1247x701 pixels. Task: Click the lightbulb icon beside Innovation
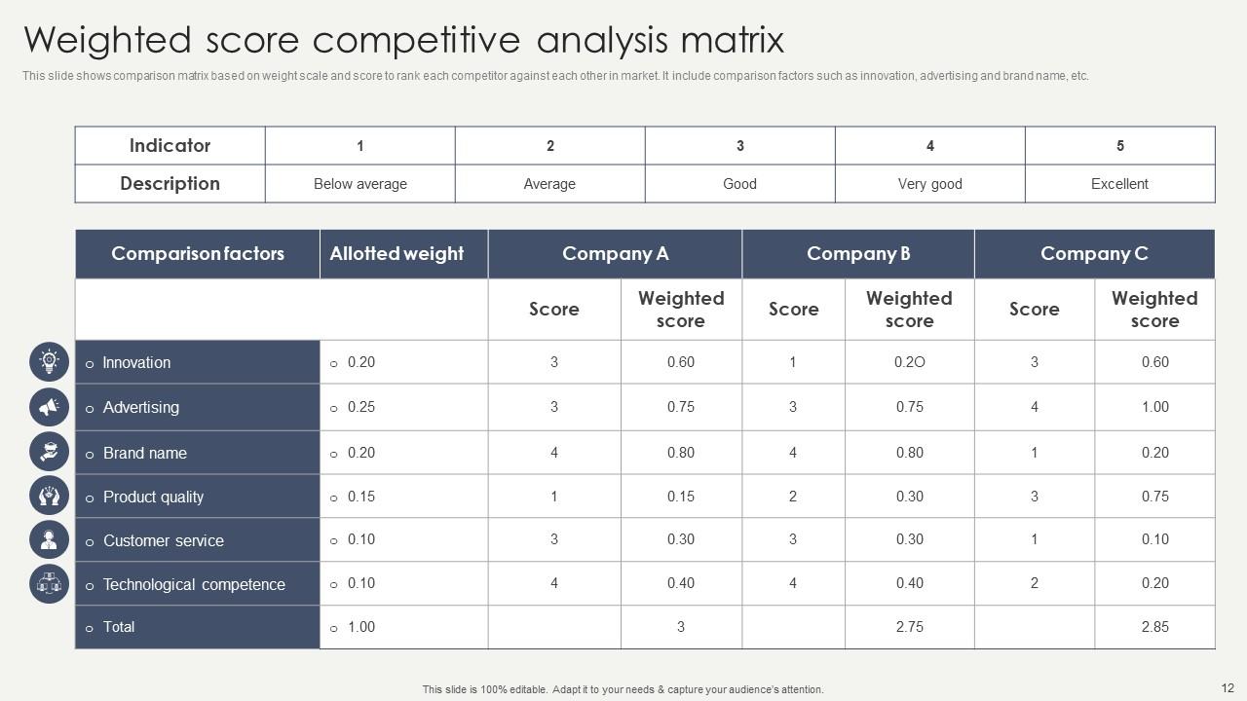[x=49, y=362]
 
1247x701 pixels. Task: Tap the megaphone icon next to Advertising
[x=49, y=407]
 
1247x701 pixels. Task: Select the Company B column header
[x=858, y=254]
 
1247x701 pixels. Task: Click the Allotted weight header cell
[x=397, y=254]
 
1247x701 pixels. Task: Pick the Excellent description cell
[x=1119, y=184]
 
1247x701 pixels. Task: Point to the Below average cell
[x=360, y=184]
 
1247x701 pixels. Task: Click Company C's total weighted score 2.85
[x=1154, y=627]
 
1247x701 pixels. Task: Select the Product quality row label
[x=153, y=497]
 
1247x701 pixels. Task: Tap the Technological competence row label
[x=194, y=584]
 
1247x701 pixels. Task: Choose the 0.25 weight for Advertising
[x=360, y=407]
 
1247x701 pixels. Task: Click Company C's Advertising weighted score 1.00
[x=1154, y=407]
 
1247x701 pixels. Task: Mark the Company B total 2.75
[x=909, y=627]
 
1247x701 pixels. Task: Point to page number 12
[x=1227, y=687]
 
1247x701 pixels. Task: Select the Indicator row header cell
[x=170, y=145]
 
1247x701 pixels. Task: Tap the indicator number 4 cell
[x=929, y=146]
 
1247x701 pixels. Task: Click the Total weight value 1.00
[x=360, y=627]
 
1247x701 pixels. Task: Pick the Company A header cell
[x=615, y=254]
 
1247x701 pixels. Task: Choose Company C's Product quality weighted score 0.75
[x=1154, y=497]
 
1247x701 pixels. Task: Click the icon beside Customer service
[x=49, y=540]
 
